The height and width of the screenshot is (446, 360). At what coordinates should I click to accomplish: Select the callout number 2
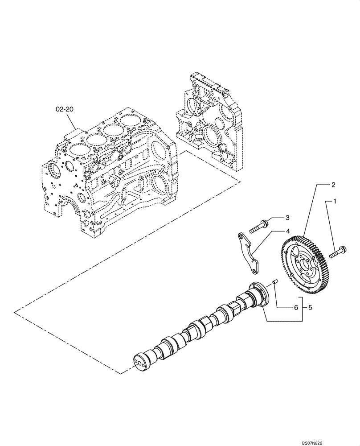click(x=333, y=184)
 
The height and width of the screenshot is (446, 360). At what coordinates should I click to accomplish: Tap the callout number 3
click(x=287, y=217)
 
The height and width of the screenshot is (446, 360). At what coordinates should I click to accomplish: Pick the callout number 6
click(x=295, y=308)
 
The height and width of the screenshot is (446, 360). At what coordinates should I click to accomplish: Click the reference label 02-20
click(x=64, y=108)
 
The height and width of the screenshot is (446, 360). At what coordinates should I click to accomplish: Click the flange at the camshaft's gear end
click(x=259, y=294)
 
